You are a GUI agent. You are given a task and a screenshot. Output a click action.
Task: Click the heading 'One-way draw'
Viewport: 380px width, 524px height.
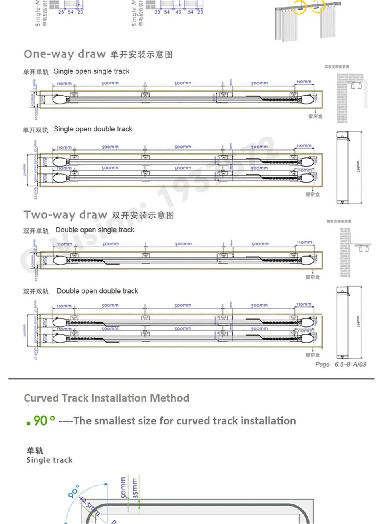pyautogui.click(x=64, y=54)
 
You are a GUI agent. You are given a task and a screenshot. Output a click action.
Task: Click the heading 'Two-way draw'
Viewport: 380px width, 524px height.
pyautogui.click(x=65, y=215)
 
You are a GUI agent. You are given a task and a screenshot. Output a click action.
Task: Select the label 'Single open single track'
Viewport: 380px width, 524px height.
pyautogui.click(x=91, y=71)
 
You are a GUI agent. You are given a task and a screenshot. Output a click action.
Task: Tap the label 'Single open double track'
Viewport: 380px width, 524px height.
pyautogui.click(x=93, y=129)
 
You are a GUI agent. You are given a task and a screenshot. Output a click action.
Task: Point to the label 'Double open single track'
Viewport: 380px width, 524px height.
pyautogui.click(x=95, y=230)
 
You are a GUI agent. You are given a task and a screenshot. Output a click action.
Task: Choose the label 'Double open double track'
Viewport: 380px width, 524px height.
pyautogui.click(x=97, y=291)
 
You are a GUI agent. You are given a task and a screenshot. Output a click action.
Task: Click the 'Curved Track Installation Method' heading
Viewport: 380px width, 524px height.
pyautogui.click(x=107, y=398)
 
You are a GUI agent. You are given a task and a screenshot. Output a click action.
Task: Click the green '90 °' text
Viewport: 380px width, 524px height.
pyautogui.click(x=43, y=420)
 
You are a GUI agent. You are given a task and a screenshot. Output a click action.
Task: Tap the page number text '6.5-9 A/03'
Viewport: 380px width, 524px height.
pyautogui.click(x=350, y=364)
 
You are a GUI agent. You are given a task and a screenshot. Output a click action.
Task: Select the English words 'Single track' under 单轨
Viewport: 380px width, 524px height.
pyautogui.click(x=49, y=460)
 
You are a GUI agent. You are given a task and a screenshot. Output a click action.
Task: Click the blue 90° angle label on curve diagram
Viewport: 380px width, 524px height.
pyautogui.click(x=73, y=492)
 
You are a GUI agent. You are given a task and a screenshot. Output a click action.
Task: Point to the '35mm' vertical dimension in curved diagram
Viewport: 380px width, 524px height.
pyautogui.click(x=135, y=488)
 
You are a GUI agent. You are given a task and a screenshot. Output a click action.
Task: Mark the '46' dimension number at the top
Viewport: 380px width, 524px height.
pyautogui.click(x=178, y=12)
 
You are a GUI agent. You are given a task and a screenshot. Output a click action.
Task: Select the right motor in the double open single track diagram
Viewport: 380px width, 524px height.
pyautogui.click(x=306, y=261)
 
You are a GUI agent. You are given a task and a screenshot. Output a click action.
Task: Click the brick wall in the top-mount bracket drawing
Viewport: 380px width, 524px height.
pyautogui.click(x=342, y=98)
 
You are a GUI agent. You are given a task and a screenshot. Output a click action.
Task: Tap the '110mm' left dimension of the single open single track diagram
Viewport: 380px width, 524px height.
pyautogui.click(x=64, y=84)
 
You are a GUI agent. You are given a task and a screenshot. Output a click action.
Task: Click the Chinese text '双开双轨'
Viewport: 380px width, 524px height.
pyautogui.click(x=35, y=292)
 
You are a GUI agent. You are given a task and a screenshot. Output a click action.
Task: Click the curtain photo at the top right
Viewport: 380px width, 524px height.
pyautogui.click(x=308, y=20)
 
